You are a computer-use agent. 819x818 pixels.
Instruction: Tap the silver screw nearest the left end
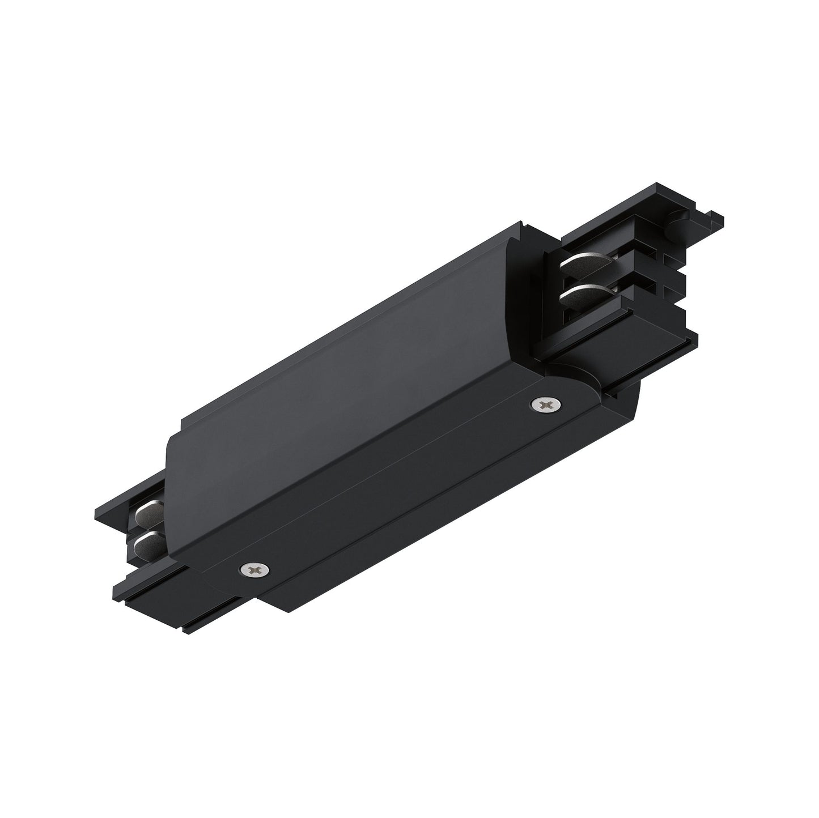click(x=252, y=568)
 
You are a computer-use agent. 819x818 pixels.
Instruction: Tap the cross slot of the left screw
click(x=252, y=568)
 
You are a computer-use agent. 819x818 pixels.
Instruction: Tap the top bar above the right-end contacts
click(x=612, y=227)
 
